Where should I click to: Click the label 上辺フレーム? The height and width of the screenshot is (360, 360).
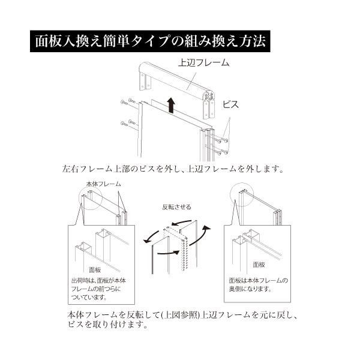(205, 62)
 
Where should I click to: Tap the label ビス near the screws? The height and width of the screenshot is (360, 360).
(230, 104)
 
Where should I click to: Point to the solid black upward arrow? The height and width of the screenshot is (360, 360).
(172, 106)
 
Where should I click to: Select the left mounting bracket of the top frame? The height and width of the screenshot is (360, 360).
(143, 79)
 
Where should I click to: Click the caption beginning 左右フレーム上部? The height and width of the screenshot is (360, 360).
(172, 169)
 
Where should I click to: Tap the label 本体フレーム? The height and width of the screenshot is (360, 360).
(103, 184)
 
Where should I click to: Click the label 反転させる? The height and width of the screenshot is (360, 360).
(176, 207)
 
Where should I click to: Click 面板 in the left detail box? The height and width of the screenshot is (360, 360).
(95, 269)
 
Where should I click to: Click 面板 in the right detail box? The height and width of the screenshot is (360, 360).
(259, 265)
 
